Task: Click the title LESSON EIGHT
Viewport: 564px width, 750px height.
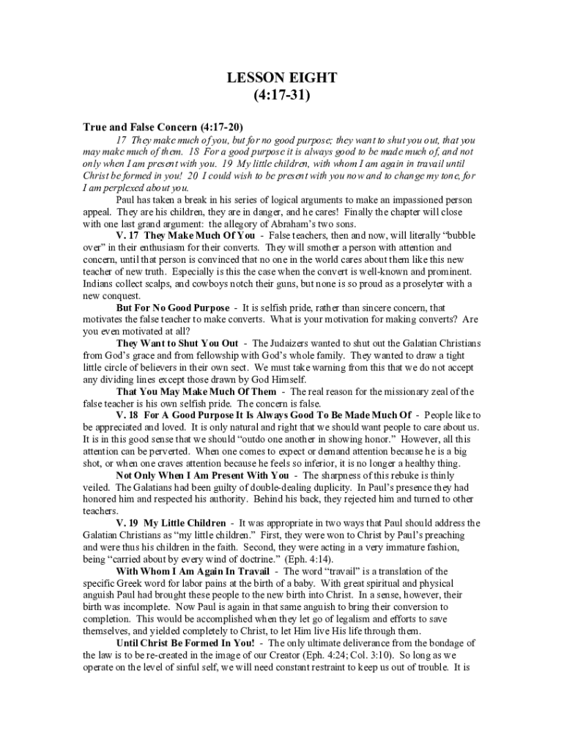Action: pos(281,78)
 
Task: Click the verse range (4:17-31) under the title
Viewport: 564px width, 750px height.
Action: pos(281,95)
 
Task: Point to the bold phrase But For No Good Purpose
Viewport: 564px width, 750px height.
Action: pos(172,308)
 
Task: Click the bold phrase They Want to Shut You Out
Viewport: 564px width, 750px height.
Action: pos(177,344)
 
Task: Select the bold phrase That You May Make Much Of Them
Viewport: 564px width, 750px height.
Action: pos(196,391)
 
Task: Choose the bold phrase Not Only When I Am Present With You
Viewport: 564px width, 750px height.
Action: pos(202,475)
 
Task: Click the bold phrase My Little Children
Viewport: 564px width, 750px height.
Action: pos(185,523)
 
